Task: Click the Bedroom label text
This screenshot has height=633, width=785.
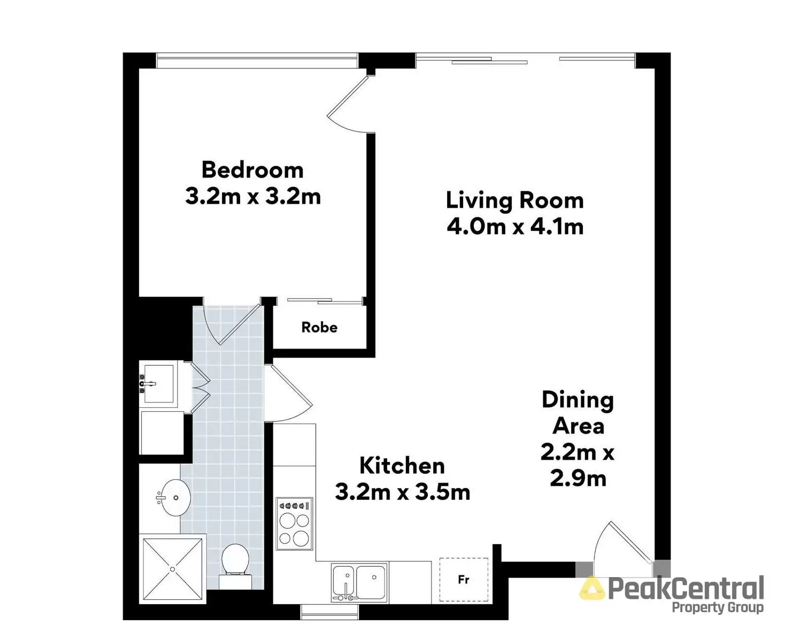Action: (252, 170)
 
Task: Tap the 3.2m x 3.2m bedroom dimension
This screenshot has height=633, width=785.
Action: (252, 196)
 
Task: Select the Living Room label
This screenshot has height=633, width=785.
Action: (514, 201)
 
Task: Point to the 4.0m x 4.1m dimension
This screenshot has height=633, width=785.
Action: (514, 227)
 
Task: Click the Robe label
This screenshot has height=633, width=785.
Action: (319, 327)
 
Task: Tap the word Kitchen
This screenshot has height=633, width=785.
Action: (402, 466)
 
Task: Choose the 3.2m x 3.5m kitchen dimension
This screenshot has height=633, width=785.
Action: (402, 492)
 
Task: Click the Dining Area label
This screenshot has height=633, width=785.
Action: (578, 413)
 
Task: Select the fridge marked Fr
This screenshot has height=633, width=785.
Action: (464, 580)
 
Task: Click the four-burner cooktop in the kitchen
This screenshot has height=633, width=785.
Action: (294, 524)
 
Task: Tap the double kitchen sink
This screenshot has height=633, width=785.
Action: (359, 582)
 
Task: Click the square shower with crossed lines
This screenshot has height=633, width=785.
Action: (172, 569)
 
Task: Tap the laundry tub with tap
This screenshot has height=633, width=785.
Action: (158, 383)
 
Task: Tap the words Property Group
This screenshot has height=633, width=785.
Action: (717, 607)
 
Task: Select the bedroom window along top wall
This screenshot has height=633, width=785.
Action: (257, 60)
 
